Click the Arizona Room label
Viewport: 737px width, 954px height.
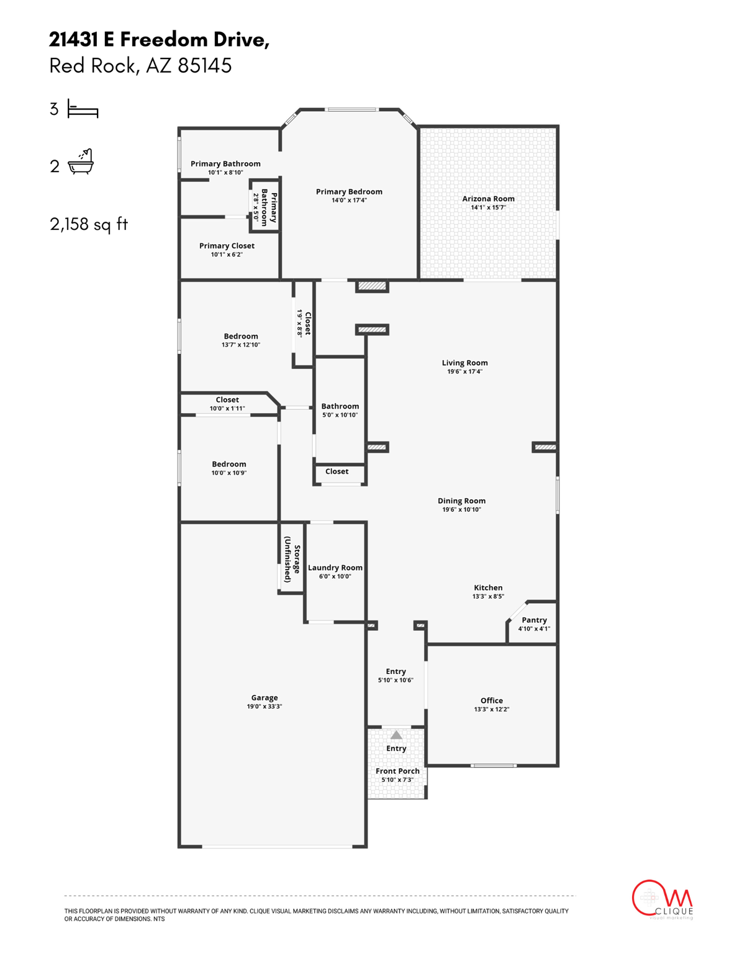[x=488, y=199]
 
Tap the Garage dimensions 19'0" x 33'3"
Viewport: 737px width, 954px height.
[x=265, y=707]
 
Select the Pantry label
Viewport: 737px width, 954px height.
[x=534, y=620]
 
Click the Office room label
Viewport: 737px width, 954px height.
[x=491, y=701]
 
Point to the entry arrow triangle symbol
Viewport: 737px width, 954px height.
[x=396, y=735]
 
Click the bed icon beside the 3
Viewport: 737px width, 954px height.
[x=83, y=110]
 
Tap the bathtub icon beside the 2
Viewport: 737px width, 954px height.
[x=81, y=163]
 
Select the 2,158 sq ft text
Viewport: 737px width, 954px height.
[x=89, y=224]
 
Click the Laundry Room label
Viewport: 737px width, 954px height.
[x=335, y=568]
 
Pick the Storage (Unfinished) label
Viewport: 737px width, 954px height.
[x=292, y=559]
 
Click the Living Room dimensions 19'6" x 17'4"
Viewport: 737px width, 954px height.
[x=464, y=372]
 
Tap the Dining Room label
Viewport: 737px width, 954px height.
[x=461, y=501]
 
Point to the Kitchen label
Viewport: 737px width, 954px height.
[x=488, y=588]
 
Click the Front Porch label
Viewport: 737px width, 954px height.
[x=397, y=771]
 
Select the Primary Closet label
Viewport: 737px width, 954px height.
[x=227, y=246]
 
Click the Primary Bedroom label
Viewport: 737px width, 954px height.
[x=349, y=192]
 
